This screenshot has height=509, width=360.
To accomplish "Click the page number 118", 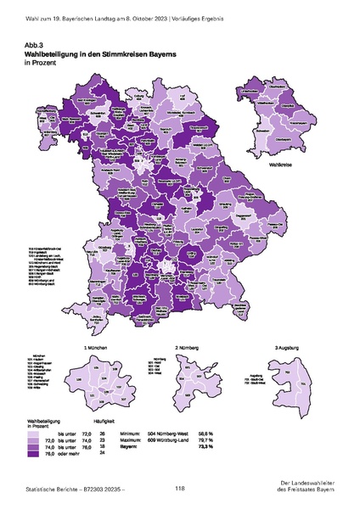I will click(x=180, y=488).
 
